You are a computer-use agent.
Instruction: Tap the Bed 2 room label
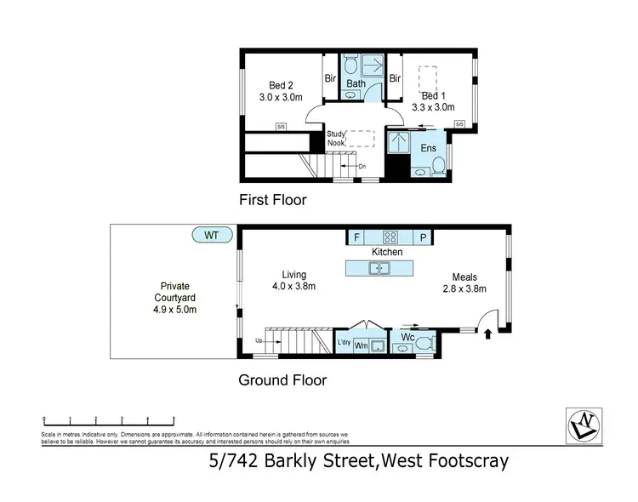[280, 91]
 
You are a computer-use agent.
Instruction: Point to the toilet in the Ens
[435, 169]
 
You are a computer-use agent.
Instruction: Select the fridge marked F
[356, 237]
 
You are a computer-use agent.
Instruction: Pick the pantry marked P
[422, 237]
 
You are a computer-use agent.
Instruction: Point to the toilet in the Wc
[425, 343]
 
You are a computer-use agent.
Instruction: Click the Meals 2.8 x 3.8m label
[464, 282]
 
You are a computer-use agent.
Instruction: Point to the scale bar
[108, 419]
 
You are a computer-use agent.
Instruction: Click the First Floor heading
[272, 201]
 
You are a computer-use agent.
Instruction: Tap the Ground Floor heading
[282, 380]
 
